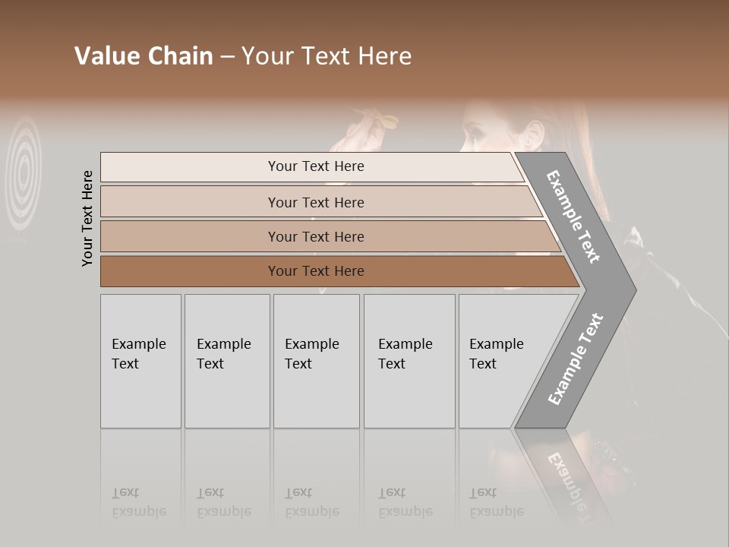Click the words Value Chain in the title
[x=144, y=56]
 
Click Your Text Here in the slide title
[x=327, y=56]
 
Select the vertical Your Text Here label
[x=87, y=218]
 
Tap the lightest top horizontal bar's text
[x=316, y=166]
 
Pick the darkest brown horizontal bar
[x=334, y=271]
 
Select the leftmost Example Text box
[x=140, y=361]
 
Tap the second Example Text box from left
[x=226, y=361]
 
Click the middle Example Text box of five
[x=316, y=361]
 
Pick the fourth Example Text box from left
[x=409, y=361]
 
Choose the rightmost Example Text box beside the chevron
[x=497, y=361]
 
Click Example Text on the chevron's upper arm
[x=573, y=217]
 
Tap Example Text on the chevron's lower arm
[x=575, y=359]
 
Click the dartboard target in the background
[x=25, y=171]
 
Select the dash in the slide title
[x=227, y=57]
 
